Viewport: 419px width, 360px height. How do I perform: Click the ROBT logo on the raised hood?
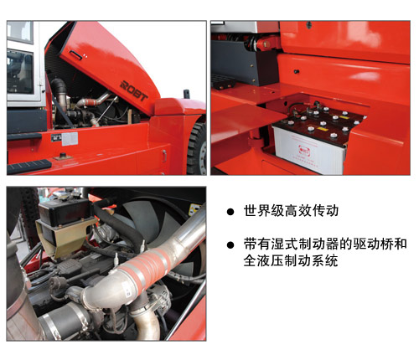click(x=134, y=91)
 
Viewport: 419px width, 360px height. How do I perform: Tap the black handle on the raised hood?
click(x=76, y=55)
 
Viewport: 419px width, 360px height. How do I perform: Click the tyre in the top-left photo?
click(x=197, y=148)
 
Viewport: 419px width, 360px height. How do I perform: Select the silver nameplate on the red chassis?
click(x=70, y=139)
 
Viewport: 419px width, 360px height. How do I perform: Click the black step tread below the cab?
click(x=29, y=167)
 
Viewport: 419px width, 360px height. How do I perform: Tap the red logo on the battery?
click(x=304, y=151)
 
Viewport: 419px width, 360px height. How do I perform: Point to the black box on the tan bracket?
click(x=65, y=213)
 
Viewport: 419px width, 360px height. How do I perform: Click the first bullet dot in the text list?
click(x=230, y=212)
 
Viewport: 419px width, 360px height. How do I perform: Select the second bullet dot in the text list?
click(x=230, y=245)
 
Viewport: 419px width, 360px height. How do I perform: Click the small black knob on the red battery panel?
click(x=297, y=72)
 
